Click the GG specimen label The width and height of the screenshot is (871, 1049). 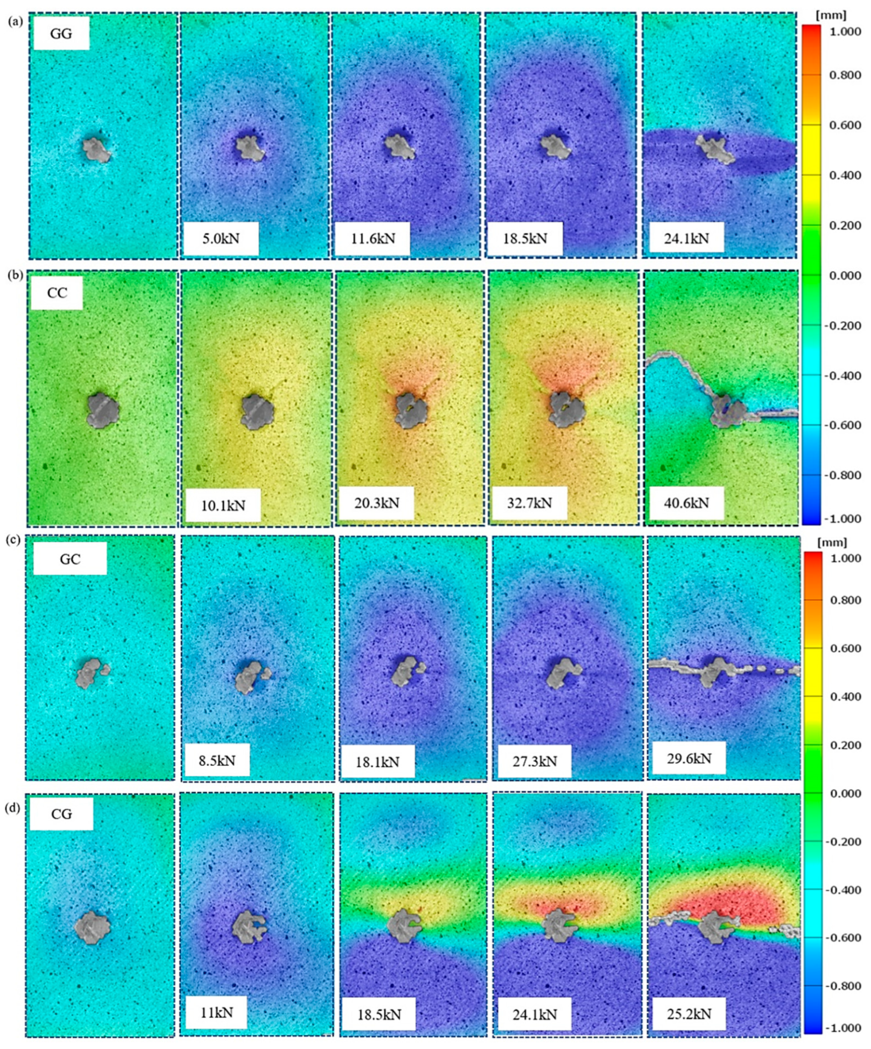point(61,34)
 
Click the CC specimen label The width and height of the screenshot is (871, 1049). point(57,293)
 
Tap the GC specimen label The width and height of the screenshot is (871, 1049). point(70,558)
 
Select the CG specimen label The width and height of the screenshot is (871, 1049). point(61,814)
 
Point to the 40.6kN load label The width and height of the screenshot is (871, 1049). point(686,503)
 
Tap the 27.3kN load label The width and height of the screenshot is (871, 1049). point(534,761)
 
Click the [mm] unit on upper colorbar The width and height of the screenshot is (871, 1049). point(831,15)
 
